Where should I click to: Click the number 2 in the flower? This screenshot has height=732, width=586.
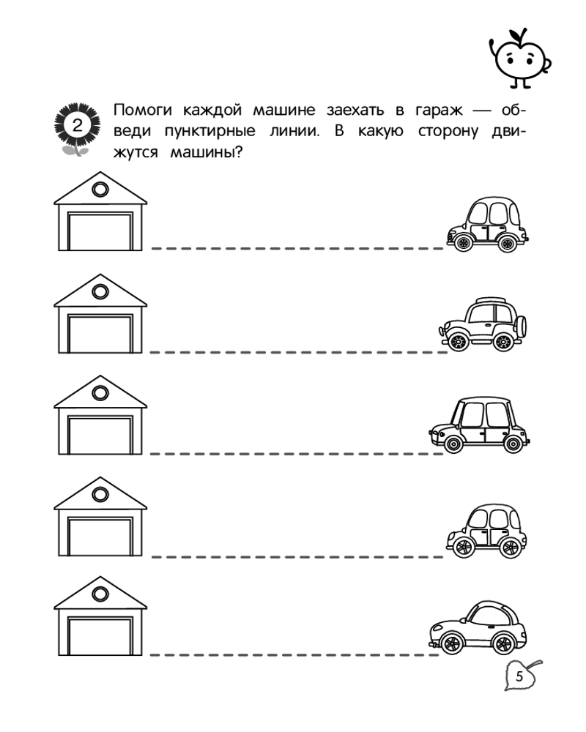pos(78,125)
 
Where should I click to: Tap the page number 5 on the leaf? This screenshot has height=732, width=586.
pos(519,676)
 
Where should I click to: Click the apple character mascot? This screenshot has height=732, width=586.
pos(520,58)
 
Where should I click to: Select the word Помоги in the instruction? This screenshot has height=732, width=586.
pos(143,111)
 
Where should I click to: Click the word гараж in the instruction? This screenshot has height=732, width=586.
pos(439,111)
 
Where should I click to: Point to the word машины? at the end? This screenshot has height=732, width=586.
pos(206,152)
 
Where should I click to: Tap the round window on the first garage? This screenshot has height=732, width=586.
pos(100,190)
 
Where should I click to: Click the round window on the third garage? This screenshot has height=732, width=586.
pos(100,392)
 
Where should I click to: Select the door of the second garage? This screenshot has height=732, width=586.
pos(100,333)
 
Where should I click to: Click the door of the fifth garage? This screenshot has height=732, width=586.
pos(100,636)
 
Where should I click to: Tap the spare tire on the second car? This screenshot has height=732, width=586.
pos(522,326)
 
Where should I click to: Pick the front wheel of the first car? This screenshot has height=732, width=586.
pos(463,242)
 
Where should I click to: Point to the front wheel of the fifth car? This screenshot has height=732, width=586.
pos(452,643)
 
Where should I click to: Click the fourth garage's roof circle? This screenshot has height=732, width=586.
pos(100,494)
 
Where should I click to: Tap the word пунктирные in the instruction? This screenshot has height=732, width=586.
pos(209,132)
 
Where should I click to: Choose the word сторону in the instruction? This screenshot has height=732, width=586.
pos(448,132)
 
